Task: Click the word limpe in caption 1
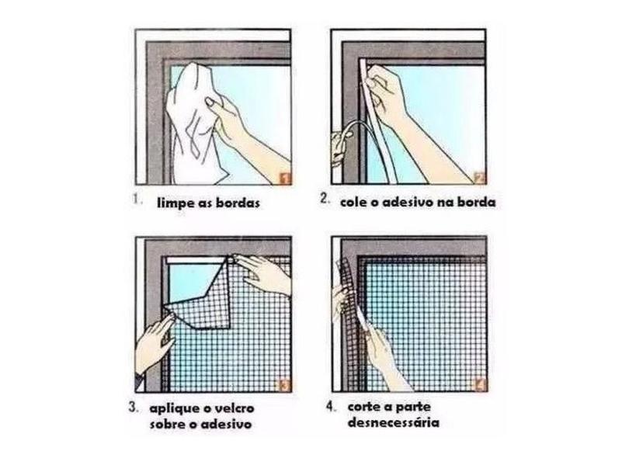click(x=174, y=203)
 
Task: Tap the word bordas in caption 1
click(x=238, y=203)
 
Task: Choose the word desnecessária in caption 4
click(x=394, y=422)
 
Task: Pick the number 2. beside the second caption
click(x=325, y=198)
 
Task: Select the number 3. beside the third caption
click(x=134, y=408)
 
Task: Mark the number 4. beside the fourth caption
click(x=331, y=407)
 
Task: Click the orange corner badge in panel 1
click(x=284, y=179)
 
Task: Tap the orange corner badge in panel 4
click(x=481, y=385)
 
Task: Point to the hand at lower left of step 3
click(x=154, y=345)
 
